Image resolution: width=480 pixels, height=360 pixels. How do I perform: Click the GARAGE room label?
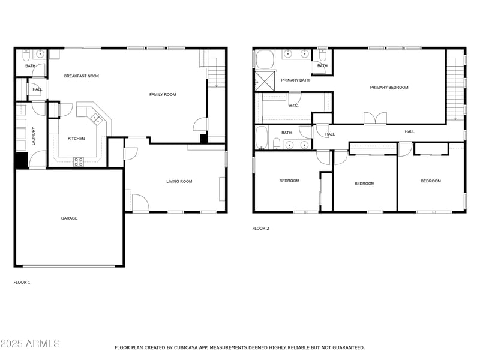coord(69,218)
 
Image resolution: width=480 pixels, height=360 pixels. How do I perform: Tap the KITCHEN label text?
coord(76,139)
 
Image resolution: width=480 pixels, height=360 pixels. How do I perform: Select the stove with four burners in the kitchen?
coord(78,161)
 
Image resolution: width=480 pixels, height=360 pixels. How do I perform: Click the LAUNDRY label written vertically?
coord(34,136)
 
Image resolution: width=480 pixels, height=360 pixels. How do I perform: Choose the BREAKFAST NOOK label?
coord(82,76)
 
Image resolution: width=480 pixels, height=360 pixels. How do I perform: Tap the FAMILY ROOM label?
coord(163,95)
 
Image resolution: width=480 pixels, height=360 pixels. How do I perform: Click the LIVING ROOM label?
coord(179,181)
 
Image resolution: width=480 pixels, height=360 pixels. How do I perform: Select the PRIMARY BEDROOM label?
coord(389,88)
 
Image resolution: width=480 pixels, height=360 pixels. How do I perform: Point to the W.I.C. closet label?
coord(293,106)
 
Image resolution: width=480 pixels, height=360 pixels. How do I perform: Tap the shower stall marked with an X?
coord(264,80)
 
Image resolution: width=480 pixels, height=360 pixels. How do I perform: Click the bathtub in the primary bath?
coord(265,60)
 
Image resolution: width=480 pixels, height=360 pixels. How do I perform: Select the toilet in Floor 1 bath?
coord(25,55)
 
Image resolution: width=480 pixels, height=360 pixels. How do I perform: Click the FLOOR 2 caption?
coord(260,229)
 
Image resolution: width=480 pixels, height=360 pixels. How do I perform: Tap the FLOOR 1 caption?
coord(22,282)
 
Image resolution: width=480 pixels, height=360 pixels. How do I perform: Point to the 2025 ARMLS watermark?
coord(30,344)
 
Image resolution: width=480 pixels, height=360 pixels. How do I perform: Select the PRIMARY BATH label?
coord(295,80)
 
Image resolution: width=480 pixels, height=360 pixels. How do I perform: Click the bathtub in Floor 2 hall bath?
coord(262,137)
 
